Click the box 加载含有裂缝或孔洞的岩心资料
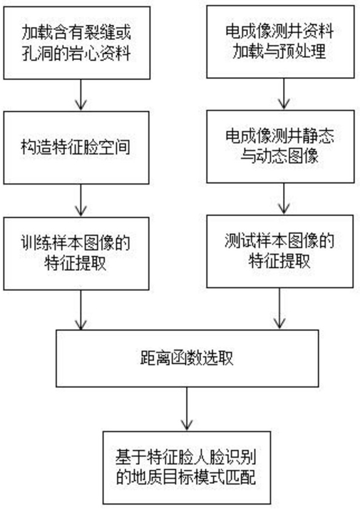(76, 43)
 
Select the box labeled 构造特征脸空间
(76, 148)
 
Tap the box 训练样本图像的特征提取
(76, 254)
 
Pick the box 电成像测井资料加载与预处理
(280, 41)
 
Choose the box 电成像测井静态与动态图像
(280, 146)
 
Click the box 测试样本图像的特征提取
(280, 251)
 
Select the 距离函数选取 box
(187, 359)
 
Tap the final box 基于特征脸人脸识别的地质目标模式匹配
(187, 468)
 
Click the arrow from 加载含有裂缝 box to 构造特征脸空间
(81, 95)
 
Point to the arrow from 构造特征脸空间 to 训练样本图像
(81, 200)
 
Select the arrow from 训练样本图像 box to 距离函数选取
(81, 310)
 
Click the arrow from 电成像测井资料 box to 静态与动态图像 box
(284, 94)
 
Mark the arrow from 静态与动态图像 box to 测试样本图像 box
(284, 199)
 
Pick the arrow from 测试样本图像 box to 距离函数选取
(279, 309)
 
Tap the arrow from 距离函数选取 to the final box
(187, 409)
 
